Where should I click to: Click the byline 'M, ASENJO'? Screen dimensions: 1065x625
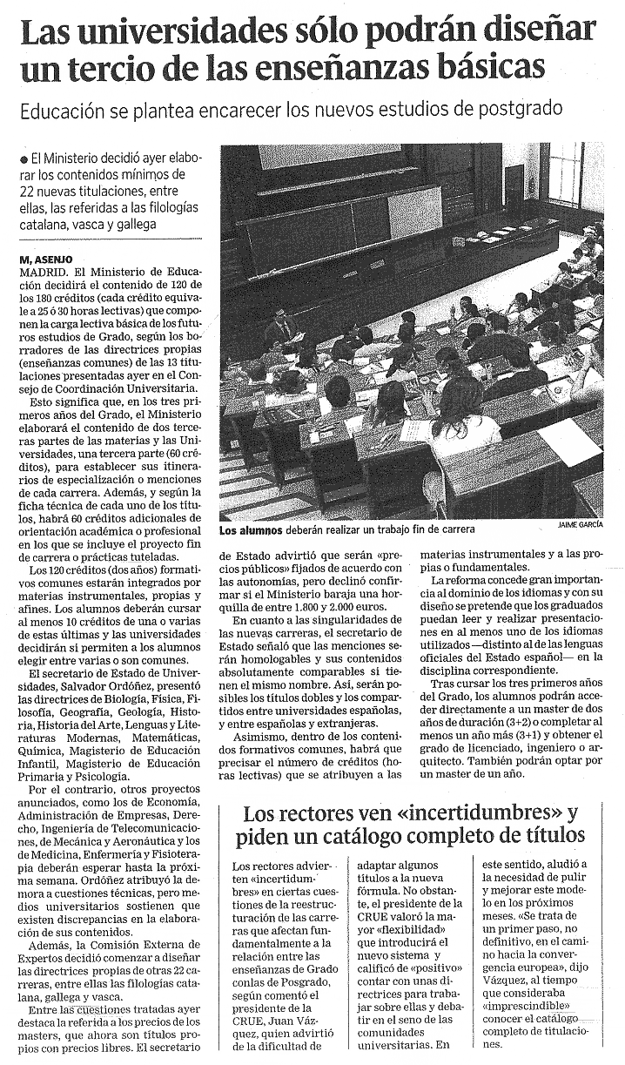point(44,259)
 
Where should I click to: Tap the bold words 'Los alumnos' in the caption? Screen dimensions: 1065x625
point(249,529)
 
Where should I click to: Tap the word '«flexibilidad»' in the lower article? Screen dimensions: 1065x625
point(396,929)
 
